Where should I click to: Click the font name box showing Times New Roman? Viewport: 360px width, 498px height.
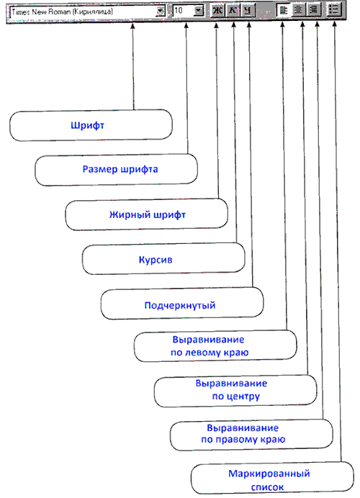coord(88,12)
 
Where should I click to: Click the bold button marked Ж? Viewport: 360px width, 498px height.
coord(217,11)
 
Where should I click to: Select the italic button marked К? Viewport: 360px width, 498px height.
coord(233,11)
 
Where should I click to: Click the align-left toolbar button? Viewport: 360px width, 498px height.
coord(283,10)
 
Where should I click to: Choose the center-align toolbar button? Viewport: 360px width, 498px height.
coord(298,10)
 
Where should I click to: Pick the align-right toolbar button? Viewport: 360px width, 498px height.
coord(314,10)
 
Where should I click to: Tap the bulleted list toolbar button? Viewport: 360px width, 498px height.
coord(333,10)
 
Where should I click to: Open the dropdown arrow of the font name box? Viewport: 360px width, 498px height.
coord(161,12)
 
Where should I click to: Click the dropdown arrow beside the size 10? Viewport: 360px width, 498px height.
coord(199,11)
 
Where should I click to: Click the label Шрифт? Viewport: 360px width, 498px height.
coord(87,125)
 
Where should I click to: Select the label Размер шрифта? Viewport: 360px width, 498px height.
coord(120,169)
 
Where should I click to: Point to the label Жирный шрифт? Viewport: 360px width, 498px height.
coord(148,215)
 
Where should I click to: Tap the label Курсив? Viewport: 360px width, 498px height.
coord(156,260)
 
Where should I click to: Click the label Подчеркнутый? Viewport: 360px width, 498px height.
coord(180,306)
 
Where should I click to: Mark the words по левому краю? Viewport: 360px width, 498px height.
coord(210,353)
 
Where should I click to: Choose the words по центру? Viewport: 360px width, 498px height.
coord(236,397)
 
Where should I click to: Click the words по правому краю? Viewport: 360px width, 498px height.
coord(243,440)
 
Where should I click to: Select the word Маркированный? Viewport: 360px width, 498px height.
coord(269,474)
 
